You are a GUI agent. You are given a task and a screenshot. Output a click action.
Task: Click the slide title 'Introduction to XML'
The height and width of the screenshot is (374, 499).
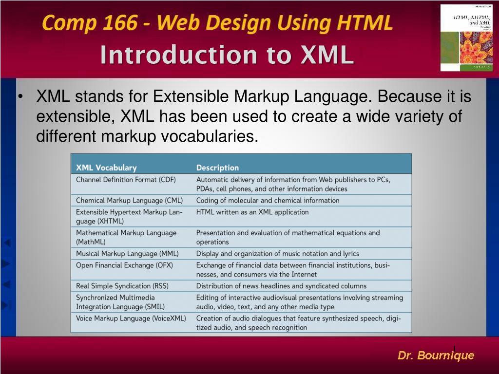pos(227,55)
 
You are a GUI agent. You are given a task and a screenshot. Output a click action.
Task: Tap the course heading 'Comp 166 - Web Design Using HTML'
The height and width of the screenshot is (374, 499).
pos(217,22)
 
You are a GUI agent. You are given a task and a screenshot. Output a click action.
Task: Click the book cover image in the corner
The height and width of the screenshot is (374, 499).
pos(466,38)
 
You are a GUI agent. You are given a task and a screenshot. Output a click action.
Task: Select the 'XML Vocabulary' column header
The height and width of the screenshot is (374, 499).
pos(106,168)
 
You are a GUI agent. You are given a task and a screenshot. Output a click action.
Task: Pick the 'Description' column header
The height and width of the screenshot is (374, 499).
pos(217,168)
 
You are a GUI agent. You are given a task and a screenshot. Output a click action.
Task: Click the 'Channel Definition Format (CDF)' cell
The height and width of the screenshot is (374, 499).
pos(126,180)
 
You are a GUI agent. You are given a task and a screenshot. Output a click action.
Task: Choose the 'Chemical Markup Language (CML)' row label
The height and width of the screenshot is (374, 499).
pos(129,200)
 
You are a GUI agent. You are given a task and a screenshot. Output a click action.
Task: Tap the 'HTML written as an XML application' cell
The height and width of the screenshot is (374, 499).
pos(252,212)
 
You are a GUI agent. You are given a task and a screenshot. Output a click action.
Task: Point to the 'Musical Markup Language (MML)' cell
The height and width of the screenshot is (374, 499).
pos(127,253)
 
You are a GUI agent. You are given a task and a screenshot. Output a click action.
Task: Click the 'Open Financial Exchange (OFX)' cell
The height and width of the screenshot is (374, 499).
pos(124,265)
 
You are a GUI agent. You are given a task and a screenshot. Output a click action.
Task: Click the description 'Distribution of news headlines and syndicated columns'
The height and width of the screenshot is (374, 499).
pos(281,286)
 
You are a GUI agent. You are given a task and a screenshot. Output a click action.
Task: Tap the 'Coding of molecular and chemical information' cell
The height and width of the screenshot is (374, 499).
pos(268,200)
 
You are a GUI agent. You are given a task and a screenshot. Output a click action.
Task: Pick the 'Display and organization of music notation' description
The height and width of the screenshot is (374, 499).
pos(277,253)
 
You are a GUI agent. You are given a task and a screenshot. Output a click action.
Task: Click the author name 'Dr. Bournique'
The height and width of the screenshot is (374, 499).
pos(436,355)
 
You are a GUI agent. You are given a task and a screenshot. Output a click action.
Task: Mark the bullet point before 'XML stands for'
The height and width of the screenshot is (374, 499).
pos(20,97)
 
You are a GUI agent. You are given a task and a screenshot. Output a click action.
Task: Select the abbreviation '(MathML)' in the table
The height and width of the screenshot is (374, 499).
pos(91,242)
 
